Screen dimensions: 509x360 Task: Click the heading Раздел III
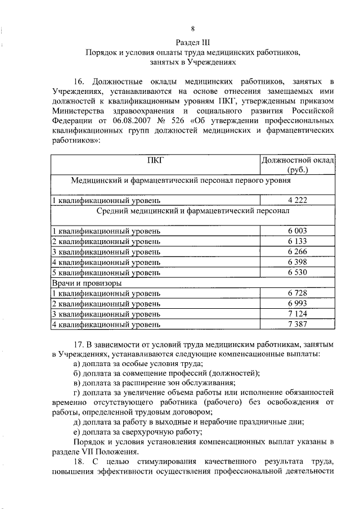(x=193, y=42)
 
